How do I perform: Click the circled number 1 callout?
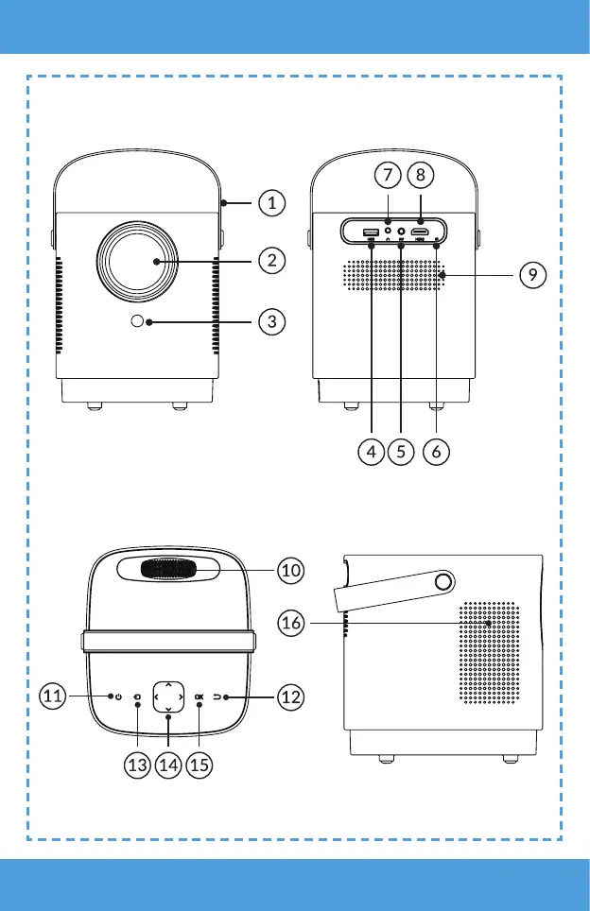point(271,202)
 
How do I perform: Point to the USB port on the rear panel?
point(372,232)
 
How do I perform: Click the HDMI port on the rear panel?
point(421,232)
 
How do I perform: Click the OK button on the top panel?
point(199,697)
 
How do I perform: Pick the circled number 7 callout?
point(386,177)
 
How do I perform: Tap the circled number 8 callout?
point(420,177)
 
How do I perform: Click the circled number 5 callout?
point(402,452)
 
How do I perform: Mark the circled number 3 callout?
point(271,321)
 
